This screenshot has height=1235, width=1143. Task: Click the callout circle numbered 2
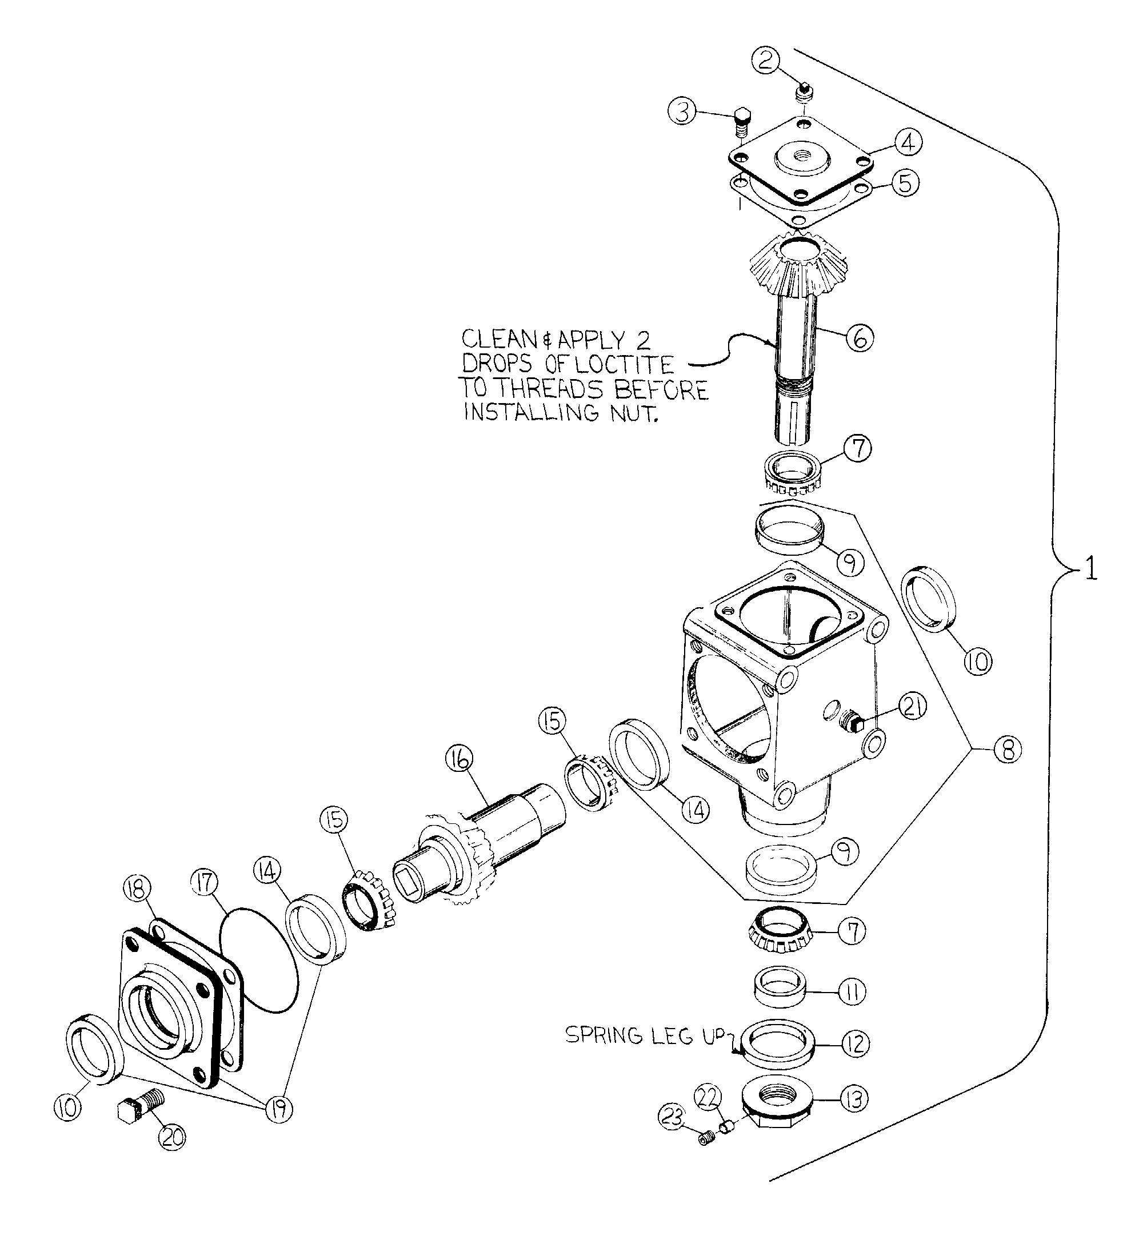766,60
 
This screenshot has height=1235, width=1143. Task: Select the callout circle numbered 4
908,142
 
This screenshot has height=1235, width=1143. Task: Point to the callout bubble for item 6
860,338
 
